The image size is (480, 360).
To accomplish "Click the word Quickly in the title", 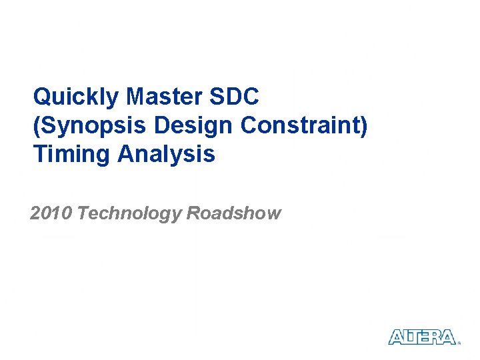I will click(77, 97).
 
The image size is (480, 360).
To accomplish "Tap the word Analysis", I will click(166, 154).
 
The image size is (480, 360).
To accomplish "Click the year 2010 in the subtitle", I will click(51, 213).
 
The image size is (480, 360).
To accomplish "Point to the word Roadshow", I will click(234, 213).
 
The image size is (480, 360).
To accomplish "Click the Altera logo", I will click(422, 337).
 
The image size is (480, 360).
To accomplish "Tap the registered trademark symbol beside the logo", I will click(459, 343).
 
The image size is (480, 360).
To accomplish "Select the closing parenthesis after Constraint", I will click(363, 125).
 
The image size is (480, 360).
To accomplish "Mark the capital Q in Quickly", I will click(42, 97).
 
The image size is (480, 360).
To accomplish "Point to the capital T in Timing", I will click(40, 154).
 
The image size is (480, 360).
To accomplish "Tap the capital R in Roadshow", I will click(193, 213).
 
